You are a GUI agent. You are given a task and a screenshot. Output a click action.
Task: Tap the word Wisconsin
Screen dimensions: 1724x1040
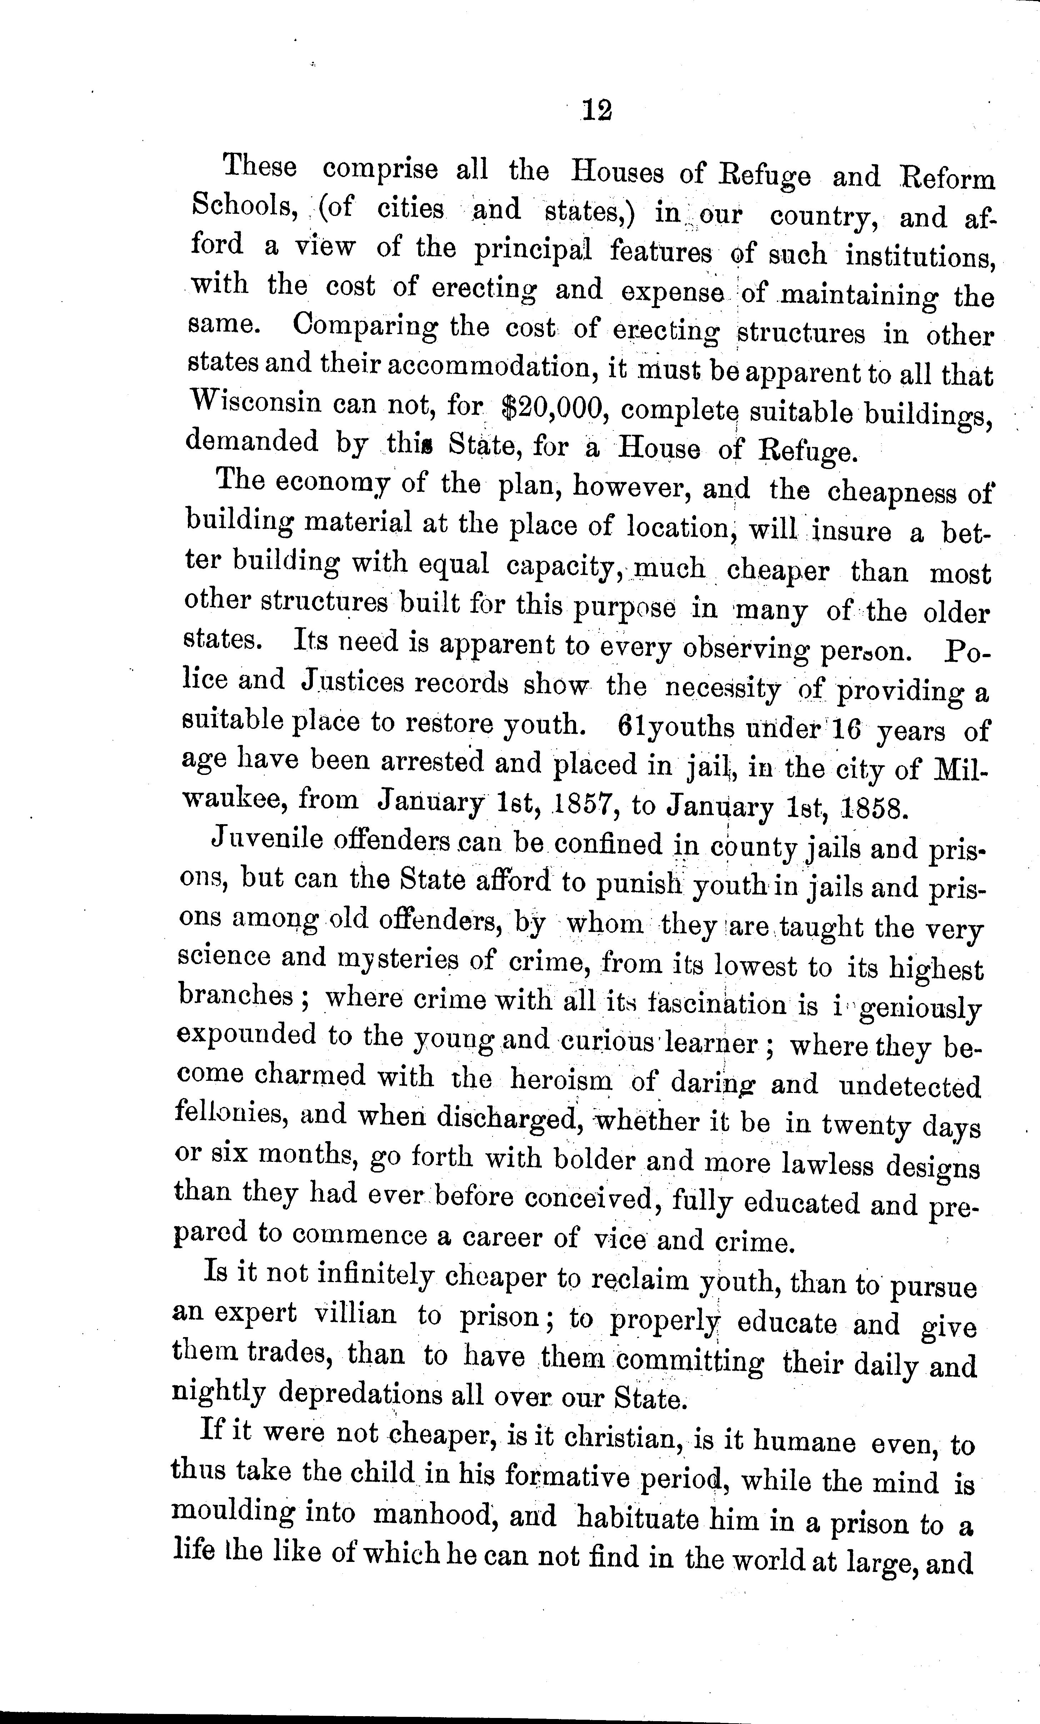click(255, 404)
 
